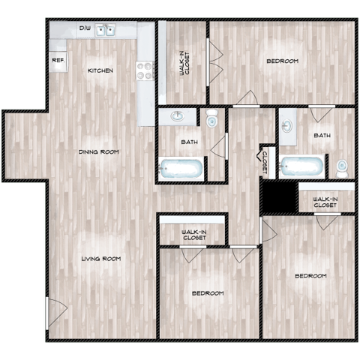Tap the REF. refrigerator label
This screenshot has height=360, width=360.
click(57, 60)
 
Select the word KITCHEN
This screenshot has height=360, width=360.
click(100, 70)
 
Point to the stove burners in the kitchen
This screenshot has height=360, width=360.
click(144, 70)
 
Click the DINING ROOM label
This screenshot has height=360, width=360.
click(99, 151)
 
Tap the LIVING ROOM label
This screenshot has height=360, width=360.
click(101, 259)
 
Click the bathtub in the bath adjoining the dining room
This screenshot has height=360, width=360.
click(181, 168)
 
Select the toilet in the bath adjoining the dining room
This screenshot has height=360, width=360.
click(212, 119)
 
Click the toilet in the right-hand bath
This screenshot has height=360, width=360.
click(341, 166)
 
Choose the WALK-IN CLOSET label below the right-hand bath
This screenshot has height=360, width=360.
click(325, 200)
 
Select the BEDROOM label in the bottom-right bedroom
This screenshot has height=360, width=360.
click(310, 276)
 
